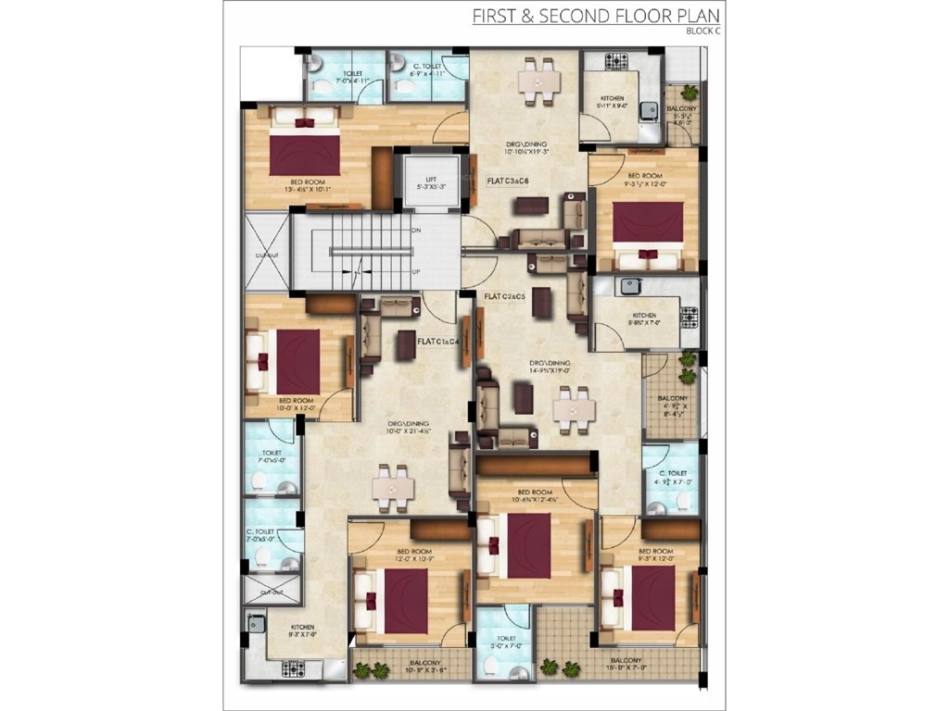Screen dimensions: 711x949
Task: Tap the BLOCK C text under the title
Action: coord(702,31)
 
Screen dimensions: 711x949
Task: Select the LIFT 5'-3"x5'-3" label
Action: coord(431,183)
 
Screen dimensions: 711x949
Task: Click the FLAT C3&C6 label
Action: coord(507,181)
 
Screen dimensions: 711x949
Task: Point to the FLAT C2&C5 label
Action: coord(505,296)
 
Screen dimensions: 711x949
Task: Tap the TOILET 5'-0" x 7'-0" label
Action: coord(506,642)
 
